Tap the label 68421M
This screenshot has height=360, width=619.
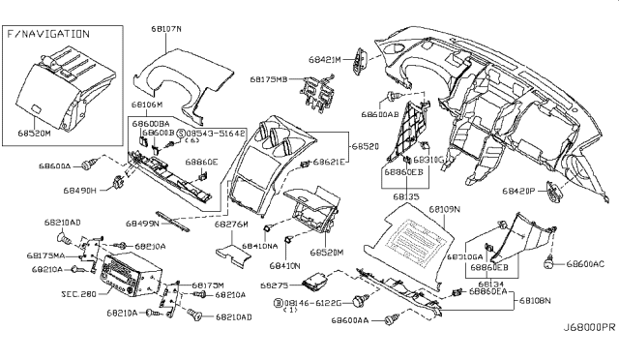[x=324, y=60]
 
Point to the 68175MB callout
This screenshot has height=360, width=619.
[x=269, y=79]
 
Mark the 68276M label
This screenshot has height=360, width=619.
[x=232, y=224]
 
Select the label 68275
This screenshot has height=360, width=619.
[x=277, y=285]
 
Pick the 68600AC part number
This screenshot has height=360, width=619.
[x=586, y=263]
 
